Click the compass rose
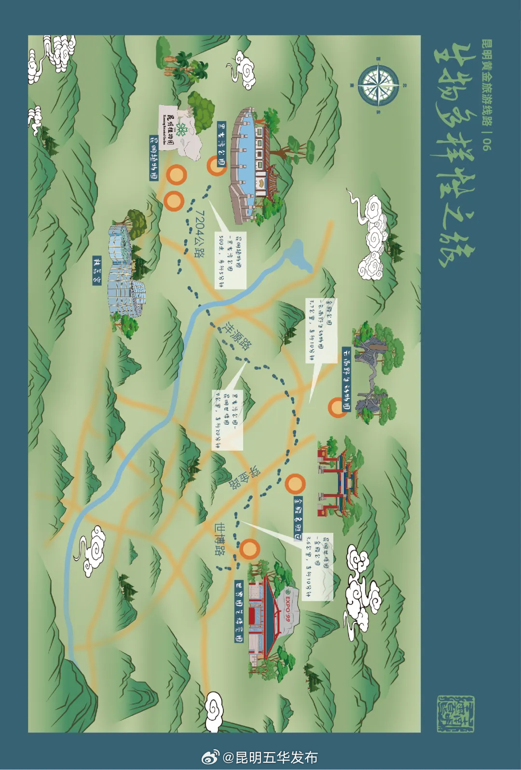click(378, 85)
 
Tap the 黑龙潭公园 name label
click(221, 144)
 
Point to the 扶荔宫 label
click(97, 270)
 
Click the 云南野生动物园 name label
click(346, 379)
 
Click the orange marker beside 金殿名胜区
click(295, 483)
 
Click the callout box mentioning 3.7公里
click(321, 330)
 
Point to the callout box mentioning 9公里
click(227, 420)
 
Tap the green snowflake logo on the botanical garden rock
click(181, 129)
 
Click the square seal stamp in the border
click(455, 714)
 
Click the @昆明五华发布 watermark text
click(270, 757)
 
